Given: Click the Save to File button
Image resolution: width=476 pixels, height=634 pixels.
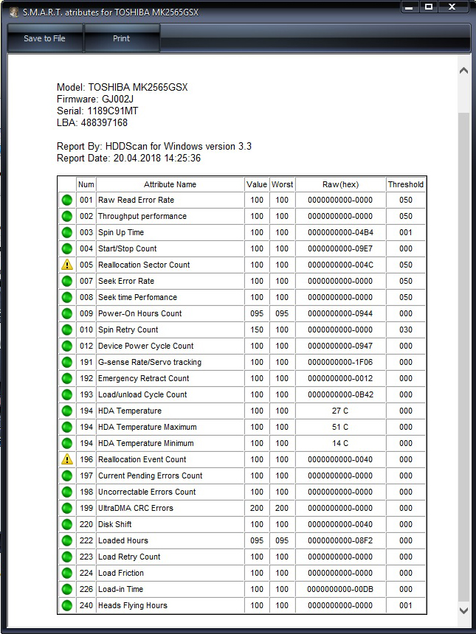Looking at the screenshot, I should click(44, 38).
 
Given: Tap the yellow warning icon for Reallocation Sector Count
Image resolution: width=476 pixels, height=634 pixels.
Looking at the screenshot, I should click(67, 265).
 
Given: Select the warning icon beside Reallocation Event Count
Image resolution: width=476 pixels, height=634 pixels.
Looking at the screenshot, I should click(67, 459).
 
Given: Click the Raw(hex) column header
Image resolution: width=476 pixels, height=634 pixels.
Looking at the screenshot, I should click(340, 184).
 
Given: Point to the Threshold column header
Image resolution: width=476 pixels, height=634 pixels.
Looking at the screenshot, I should click(406, 184).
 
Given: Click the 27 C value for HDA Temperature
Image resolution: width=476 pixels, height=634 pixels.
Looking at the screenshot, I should click(340, 411).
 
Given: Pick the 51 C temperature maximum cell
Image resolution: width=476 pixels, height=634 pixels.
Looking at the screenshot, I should click(340, 427).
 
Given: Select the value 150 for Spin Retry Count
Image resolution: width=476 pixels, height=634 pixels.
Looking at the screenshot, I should click(256, 330).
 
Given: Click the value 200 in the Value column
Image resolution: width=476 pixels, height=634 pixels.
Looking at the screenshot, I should click(256, 508).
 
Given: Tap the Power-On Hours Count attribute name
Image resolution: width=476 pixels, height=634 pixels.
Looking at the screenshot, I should click(139, 313).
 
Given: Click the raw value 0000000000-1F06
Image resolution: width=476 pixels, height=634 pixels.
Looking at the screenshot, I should click(340, 362).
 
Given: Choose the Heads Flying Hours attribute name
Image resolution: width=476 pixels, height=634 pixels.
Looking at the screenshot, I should click(133, 605).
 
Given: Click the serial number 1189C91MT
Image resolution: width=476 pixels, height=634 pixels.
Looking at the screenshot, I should click(113, 111).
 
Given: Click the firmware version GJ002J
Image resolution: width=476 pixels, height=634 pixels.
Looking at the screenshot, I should click(118, 99).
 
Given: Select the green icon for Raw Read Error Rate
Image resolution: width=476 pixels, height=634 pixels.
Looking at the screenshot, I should click(67, 200).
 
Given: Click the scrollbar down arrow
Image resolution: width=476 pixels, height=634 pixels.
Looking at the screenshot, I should click(463, 610).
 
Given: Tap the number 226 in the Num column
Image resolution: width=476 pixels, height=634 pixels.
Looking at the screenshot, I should click(86, 589).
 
